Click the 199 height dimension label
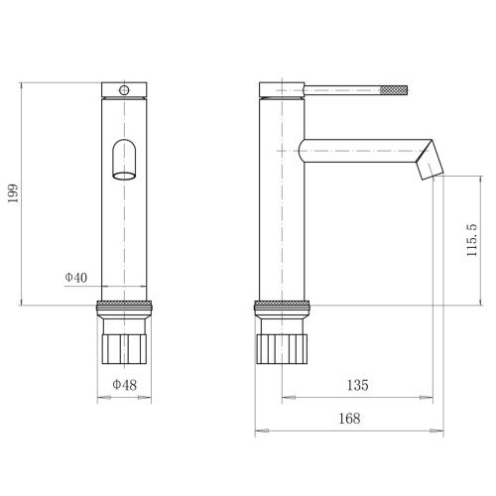click(x=13, y=193)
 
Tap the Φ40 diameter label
click(x=76, y=277)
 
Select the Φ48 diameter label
click(x=124, y=385)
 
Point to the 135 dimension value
click(x=357, y=385)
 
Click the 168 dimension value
click(x=349, y=419)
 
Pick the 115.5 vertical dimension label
click(x=472, y=240)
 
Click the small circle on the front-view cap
click(x=124, y=90)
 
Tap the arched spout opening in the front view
click(x=124, y=160)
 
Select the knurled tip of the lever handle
click(x=394, y=90)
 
